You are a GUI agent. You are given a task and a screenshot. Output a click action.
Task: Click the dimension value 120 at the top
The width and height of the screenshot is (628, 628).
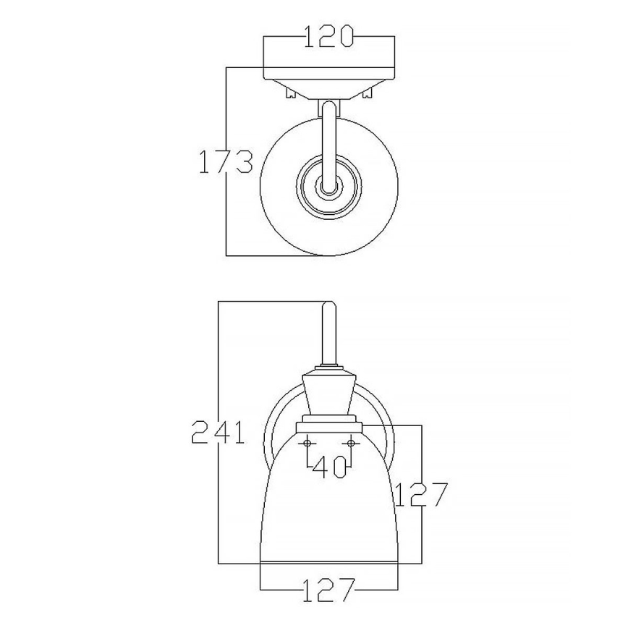pyautogui.click(x=329, y=37)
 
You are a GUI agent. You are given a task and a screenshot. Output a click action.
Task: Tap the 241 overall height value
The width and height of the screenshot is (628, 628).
pyautogui.click(x=218, y=433)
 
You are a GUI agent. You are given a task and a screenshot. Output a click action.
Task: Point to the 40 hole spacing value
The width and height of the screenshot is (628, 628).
pyautogui.click(x=330, y=468)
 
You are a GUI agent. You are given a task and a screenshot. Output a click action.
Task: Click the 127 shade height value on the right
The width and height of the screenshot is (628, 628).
pyautogui.click(x=422, y=495)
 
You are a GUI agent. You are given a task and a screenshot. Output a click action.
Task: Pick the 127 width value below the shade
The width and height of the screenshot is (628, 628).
pyautogui.click(x=329, y=590)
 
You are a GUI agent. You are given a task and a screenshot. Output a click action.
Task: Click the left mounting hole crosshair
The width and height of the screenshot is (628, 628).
pyautogui.click(x=308, y=442)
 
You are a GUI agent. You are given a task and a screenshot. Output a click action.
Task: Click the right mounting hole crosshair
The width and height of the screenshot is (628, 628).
pyautogui.click(x=352, y=442)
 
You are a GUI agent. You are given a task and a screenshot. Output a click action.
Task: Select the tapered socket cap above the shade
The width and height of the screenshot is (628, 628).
pyautogui.click(x=330, y=394)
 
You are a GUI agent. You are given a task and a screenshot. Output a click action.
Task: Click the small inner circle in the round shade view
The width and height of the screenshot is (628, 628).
pyautogui.click(x=329, y=190)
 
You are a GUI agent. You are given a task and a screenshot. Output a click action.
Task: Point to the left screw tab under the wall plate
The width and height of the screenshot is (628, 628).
pyautogui.click(x=291, y=92)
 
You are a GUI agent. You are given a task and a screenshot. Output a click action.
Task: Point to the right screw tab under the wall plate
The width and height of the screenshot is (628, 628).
pyautogui.click(x=368, y=92)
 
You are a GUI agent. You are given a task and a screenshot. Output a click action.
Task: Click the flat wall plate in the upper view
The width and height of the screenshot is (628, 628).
pyautogui.click(x=329, y=73)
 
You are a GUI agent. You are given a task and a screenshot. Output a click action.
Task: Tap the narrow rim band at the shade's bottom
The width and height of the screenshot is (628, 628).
pyautogui.click(x=330, y=560)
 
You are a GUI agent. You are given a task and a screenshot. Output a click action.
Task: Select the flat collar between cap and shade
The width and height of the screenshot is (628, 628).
pyautogui.click(x=330, y=420)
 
